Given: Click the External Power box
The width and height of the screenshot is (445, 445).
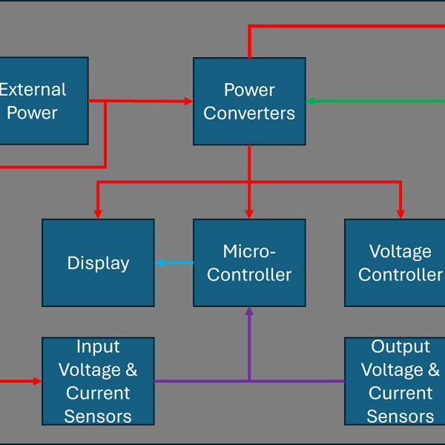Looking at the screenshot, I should [41, 101].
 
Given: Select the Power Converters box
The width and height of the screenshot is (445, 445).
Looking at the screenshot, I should [249, 101].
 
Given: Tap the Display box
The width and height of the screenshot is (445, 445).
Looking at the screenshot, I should [98, 263].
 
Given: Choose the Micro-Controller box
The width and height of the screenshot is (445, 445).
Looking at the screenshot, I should [249, 263].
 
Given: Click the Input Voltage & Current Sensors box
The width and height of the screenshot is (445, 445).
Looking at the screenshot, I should [98, 381].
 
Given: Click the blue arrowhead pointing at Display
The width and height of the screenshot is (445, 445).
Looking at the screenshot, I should [159, 263].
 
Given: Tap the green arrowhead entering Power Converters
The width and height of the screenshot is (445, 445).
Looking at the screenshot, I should [311, 101].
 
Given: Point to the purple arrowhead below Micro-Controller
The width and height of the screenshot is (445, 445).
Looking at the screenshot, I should [249, 312].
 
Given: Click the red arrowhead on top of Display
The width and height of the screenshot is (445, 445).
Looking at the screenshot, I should [98, 214].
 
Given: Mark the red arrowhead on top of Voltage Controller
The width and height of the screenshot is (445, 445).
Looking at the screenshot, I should [400, 214].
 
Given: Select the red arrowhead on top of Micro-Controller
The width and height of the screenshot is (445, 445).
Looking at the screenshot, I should [249, 214].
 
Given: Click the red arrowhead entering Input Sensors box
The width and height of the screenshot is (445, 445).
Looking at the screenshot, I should [37, 381].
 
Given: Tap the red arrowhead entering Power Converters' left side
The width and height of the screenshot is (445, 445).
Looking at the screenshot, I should [188, 101].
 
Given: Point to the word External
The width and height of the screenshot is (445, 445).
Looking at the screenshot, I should [33, 90].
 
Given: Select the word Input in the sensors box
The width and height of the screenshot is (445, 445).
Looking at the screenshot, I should [98, 346].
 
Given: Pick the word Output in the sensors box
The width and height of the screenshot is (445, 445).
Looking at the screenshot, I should [400, 346].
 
